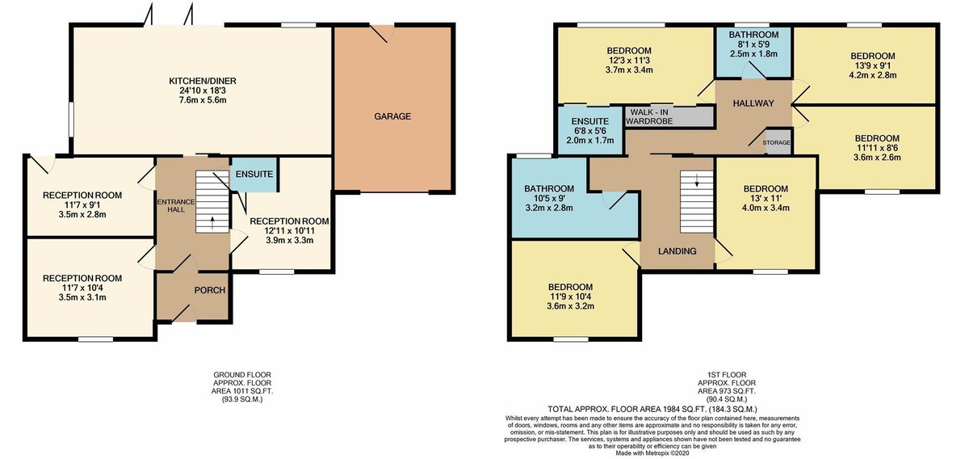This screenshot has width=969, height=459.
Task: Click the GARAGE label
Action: (x=392, y=116)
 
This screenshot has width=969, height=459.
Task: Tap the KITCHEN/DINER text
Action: (x=202, y=82)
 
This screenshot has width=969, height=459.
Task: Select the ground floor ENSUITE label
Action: (x=254, y=175)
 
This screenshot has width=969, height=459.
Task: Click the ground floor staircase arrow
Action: (x=213, y=222)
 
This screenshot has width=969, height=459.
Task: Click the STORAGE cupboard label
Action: (x=777, y=142)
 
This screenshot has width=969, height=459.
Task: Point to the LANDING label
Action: (x=677, y=251)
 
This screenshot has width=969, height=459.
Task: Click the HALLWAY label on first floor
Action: (x=753, y=103)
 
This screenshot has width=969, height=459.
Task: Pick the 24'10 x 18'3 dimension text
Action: (x=202, y=91)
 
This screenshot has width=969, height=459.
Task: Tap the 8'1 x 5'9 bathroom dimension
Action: (x=753, y=45)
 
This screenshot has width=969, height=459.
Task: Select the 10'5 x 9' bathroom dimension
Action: (x=548, y=198)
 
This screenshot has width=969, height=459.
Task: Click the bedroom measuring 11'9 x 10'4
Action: (x=570, y=297)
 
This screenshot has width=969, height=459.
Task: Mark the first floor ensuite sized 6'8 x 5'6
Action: (x=587, y=130)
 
